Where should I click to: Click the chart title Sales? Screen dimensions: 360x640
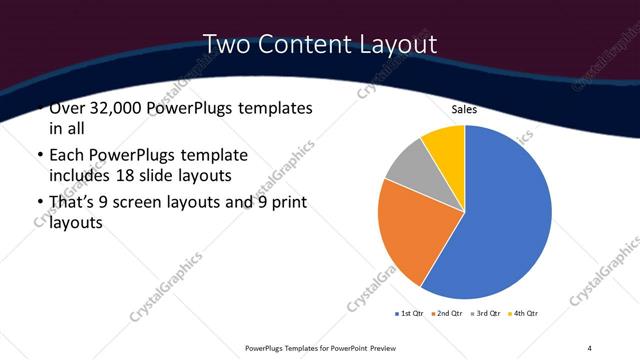point(465,109)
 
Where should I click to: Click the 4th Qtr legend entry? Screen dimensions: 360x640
point(524,313)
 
